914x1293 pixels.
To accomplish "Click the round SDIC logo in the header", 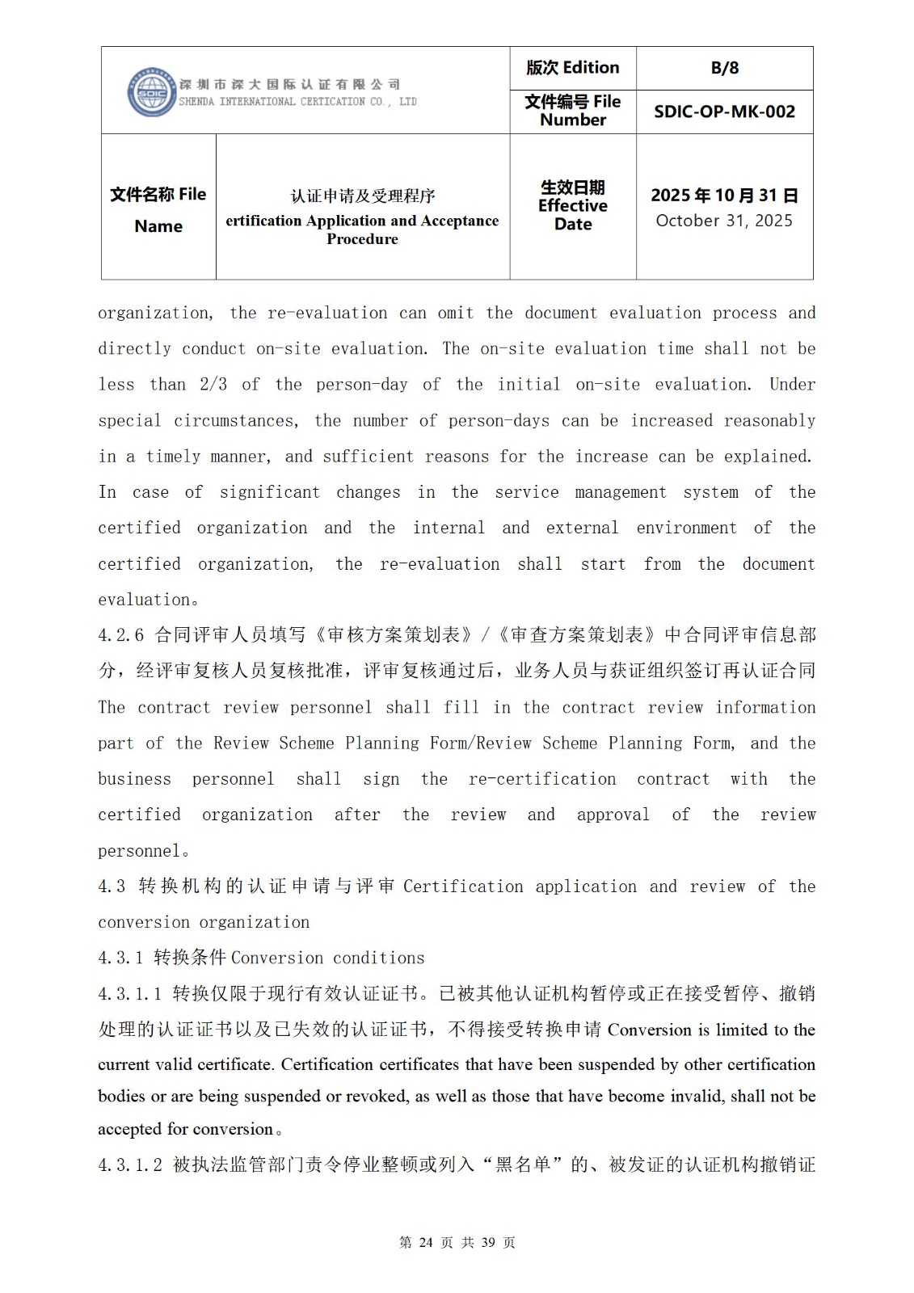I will point(151,91).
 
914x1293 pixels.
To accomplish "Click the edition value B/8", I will point(724,68).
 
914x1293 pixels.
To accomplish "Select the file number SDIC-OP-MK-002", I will point(724,112).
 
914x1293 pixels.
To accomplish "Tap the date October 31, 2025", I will point(724,221).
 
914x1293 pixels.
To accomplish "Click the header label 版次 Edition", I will point(572,68).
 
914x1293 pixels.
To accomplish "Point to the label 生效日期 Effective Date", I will point(572,206).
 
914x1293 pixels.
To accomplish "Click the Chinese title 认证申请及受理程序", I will point(363,196).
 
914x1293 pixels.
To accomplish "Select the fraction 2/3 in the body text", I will point(213,385).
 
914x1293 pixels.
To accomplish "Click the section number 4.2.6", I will point(120,635).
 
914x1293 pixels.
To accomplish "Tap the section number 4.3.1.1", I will point(130,994).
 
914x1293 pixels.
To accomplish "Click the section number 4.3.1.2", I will point(130,1165).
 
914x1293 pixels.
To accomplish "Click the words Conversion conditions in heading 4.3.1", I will point(327,958).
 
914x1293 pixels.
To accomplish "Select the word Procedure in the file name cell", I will point(362,239).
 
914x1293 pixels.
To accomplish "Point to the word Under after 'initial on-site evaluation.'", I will point(792,385).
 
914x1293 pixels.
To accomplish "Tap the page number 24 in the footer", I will point(427,1243).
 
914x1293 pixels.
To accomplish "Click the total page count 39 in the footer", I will point(488,1243).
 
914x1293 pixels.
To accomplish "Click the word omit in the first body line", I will point(456,314).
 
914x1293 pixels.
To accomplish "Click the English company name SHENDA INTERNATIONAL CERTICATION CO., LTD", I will point(297,102).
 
